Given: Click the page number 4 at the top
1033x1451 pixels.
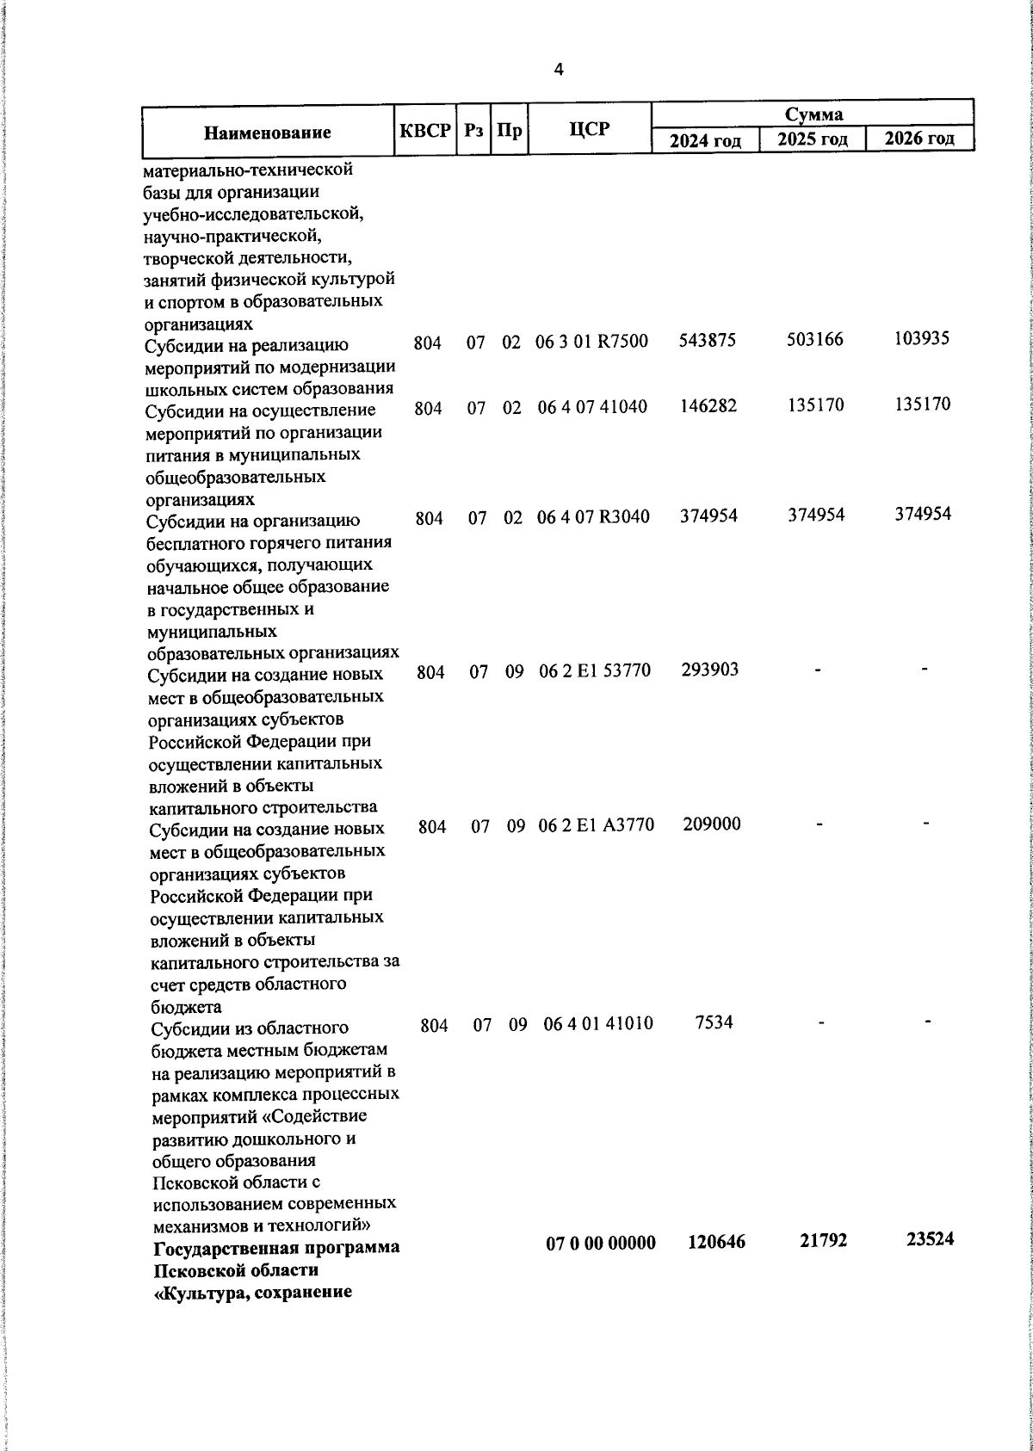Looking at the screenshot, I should click(559, 71).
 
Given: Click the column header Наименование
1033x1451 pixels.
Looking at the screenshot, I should click(268, 133).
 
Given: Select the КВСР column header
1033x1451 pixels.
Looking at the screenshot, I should click(425, 131).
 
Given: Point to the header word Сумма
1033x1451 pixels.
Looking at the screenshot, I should click(813, 114).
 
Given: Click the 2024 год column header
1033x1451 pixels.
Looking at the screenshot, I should click(705, 140).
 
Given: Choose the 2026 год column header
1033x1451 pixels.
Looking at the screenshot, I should click(919, 139).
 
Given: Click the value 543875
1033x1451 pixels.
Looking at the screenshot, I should click(708, 340).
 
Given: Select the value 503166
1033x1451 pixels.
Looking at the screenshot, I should click(815, 339).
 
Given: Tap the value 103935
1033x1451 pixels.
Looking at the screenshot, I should click(921, 337).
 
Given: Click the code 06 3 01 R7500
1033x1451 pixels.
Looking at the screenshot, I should click(591, 341).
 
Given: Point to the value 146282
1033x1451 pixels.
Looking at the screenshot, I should click(708, 406).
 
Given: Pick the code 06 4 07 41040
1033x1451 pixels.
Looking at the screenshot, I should click(592, 407).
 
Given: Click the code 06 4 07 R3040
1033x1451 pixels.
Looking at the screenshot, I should click(593, 517).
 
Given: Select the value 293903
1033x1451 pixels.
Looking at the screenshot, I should click(709, 670).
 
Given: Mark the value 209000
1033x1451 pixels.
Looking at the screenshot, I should click(712, 824).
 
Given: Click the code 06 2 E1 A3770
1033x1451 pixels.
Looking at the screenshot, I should click(596, 825).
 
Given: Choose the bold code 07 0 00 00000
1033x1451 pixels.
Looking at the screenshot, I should click(601, 1243).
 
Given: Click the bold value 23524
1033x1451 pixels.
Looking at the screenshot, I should click(930, 1239).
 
